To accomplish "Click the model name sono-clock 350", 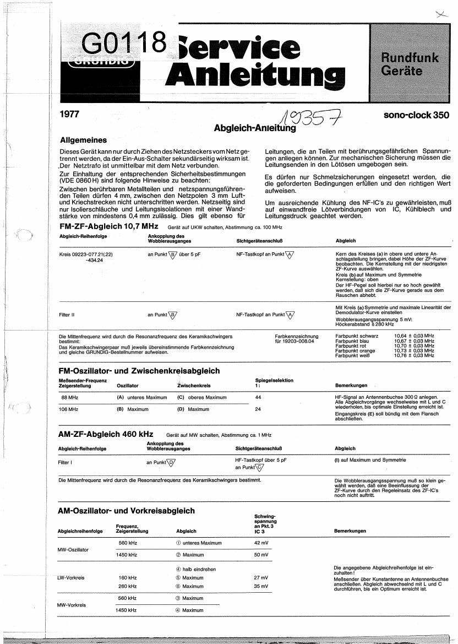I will (x=416, y=115).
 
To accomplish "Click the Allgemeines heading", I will (x=83, y=140).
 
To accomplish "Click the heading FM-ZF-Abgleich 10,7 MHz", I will (x=108, y=227).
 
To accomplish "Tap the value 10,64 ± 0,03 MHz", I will (x=414, y=335).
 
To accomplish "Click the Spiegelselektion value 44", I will (x=259, y=397).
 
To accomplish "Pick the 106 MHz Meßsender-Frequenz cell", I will (x=70, y=409).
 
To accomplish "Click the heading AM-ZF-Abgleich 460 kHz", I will (x=105, y=434).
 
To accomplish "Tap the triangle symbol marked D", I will (x=171, y=462).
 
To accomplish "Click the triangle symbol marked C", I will (x=260, y=467).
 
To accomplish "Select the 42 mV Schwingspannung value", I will (x=261, y=543).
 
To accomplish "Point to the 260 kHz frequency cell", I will (x=127, y=587).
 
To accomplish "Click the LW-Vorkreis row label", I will (x=71, y=578).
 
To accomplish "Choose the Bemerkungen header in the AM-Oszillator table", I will (x=350, y=531).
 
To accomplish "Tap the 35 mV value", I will (x=261, y=587).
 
